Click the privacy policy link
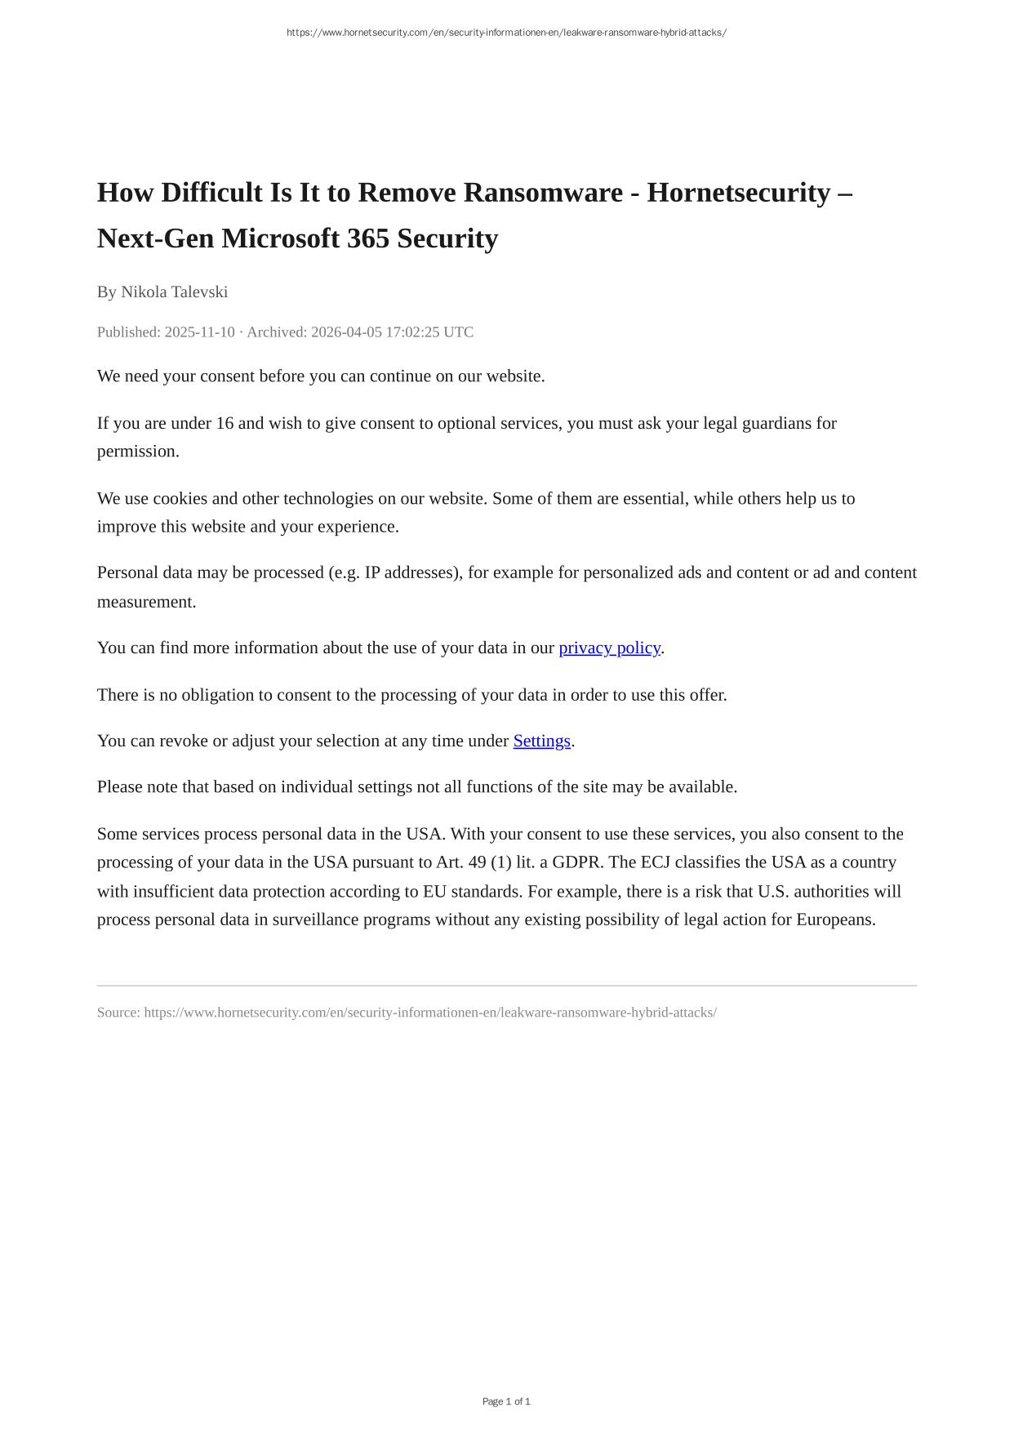[x=609, y=648]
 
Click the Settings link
[x=541, y=741]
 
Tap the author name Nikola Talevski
[x=174, y=292]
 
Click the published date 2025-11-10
[x=199, y=332]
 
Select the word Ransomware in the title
[x=543, y=193]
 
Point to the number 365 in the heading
[x=368, y=238]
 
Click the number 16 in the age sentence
[x=225, y=423]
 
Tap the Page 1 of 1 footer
[x=506, y=1401]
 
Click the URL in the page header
[x=506, y=33]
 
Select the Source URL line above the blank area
[x=407, y=1013]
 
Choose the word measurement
[x=146, y=602]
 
